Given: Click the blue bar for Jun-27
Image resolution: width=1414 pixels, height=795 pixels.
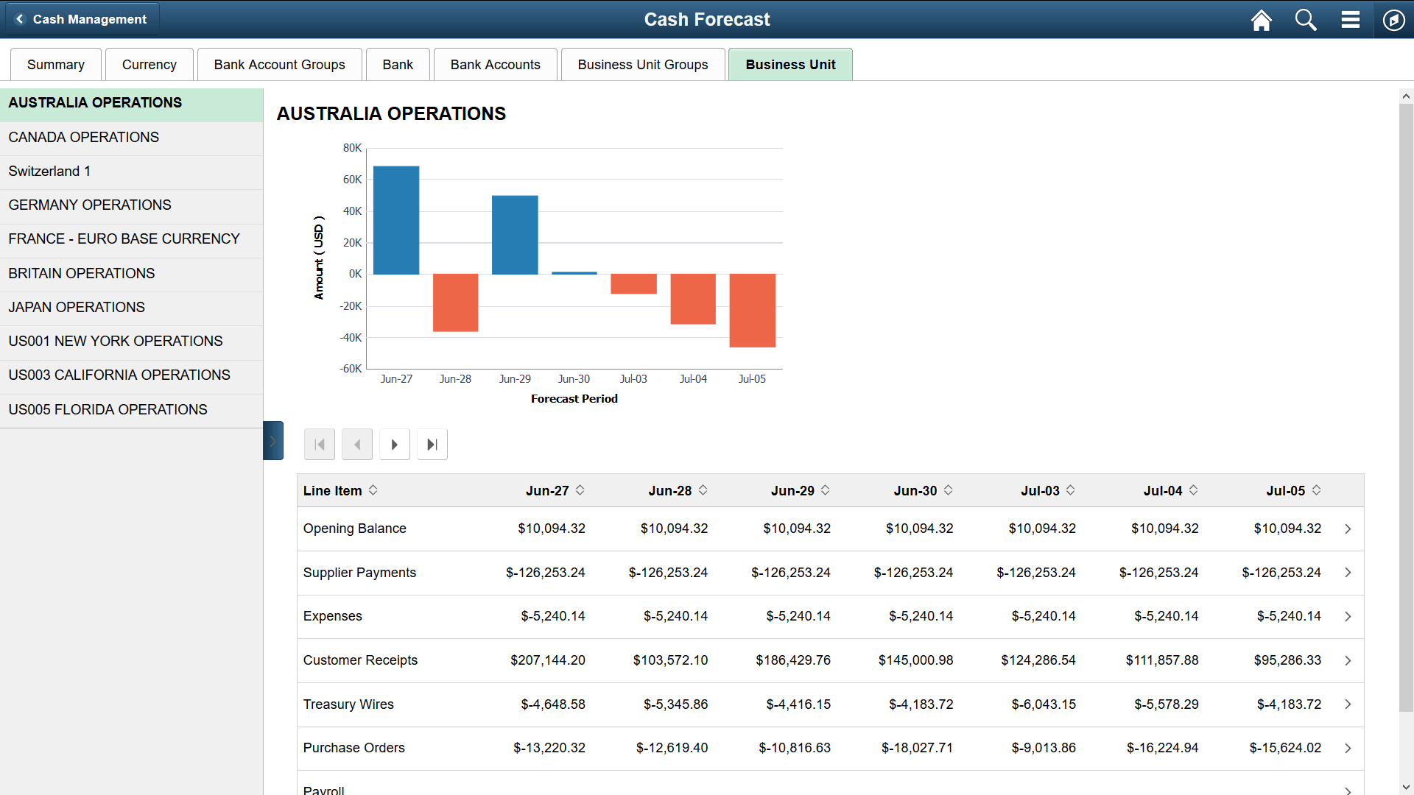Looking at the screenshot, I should (x=396, y=220).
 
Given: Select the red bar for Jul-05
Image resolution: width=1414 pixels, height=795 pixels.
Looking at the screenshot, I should (x=752, y=310).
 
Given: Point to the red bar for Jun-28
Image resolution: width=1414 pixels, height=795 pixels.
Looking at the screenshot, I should (x=455, y=303).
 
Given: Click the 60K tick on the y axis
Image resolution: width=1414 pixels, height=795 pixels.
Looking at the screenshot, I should (x=352, y=180).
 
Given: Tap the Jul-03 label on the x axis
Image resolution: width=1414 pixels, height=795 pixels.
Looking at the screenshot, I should (x=633, y=379).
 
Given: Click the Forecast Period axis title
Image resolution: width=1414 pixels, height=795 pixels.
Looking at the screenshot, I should (x=574, y=399).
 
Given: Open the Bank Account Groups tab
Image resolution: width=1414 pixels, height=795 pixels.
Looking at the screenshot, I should (x=279, y=65).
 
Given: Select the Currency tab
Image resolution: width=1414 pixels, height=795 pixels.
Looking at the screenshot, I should (x=149, y=65).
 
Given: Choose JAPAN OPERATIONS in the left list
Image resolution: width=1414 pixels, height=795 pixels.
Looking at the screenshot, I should (x=77, y=308).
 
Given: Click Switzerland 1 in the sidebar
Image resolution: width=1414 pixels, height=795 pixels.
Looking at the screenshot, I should (x=49, y=172).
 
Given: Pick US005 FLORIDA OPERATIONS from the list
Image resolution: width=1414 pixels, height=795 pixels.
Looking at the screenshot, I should (x=108, y=410).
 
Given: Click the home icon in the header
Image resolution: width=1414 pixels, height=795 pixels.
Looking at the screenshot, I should (x=1261, y=20).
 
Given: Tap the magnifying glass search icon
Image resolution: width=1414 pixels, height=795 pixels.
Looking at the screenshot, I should (x=1306, y=20).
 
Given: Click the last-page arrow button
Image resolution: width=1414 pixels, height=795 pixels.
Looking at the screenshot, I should (x=432, y=445).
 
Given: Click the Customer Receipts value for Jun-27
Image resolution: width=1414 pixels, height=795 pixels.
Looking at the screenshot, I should (x=547, y=660).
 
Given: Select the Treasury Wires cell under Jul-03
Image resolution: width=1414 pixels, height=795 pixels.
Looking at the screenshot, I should (x=1043, y=704).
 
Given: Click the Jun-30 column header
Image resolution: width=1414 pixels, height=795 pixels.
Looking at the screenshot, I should (x=915, y=491).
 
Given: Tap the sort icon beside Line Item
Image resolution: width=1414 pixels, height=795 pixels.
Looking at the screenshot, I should (x=373, y=490).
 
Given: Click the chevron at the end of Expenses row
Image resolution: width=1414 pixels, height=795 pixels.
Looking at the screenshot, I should (x=1348, y=617).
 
